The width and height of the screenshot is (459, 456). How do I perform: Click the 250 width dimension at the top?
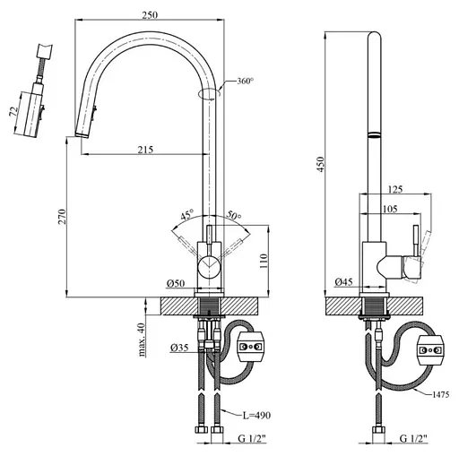coord(150,15)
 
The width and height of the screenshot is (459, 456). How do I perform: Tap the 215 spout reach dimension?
coord(145,150)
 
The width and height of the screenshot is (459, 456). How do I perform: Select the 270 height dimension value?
coord(62,217)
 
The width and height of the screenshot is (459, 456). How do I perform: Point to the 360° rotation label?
coord(245,81)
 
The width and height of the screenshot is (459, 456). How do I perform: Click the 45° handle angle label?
coord(187,215)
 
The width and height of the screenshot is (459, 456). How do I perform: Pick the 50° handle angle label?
coord(233,215)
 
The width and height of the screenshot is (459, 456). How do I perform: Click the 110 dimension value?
coord(264,261)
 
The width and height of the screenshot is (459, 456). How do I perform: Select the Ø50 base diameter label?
coord(176,283)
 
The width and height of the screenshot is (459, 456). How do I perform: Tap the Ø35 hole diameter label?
coord(179,348)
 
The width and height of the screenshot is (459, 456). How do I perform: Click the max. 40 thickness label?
coord(142,340)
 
